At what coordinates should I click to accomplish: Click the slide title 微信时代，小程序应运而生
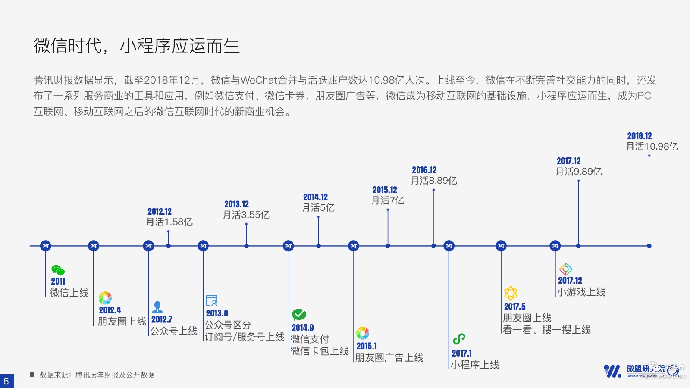click(x=136, y=46)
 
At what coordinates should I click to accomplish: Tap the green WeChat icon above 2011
click(x=58, y=270)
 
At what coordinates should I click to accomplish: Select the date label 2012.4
click(x=110, y=310)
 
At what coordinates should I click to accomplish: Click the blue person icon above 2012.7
click(x=157, y=307)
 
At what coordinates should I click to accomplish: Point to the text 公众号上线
click(x=174, y=331)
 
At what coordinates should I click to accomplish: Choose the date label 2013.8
click(x=216, y=313)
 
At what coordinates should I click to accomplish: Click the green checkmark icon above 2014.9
click(x=299, y=314)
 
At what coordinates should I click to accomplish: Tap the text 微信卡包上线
click(x=319, y=351)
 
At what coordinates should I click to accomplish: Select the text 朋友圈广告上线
click(x=389, y=358)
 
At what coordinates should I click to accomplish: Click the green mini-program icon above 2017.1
click(x=459, y=339)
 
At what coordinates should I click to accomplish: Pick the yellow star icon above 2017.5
click(x=511, y=293)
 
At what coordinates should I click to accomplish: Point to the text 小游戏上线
click(x=581, y=292)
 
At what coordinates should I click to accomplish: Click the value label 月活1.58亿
click(x=169, y=222)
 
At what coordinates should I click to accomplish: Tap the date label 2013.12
click(x=236, y=204)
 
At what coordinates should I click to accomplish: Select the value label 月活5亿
click(x=318, y=208)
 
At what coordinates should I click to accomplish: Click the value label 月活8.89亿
click(x=434, y=181)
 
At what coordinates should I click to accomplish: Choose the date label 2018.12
click(x=640, y=136)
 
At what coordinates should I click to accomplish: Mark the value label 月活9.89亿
click(x=579, y=172)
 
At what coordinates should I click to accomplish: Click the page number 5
click(x=6, y=381)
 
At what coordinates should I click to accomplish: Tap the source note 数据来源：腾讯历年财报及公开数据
click(x=97, y=375)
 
